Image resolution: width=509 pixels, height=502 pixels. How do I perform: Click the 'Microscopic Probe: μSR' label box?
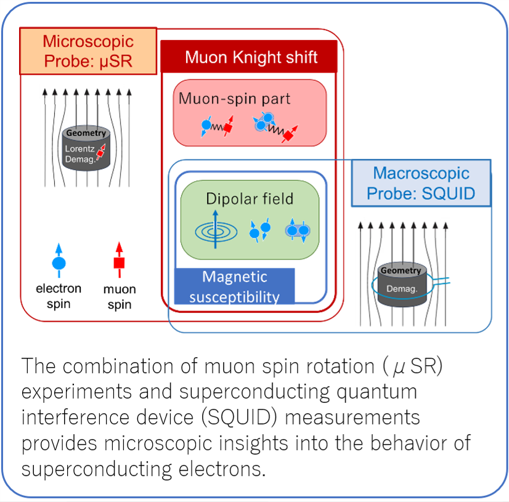point(88,51)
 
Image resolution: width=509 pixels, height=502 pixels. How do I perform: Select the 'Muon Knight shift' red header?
point(251,58)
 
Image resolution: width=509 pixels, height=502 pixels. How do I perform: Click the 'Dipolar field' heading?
point(250,199)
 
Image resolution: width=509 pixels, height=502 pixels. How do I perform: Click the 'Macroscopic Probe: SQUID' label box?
point(421,183)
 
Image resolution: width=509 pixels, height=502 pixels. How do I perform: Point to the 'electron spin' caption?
point(59,295)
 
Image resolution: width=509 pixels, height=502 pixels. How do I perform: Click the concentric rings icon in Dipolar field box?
point(215,231)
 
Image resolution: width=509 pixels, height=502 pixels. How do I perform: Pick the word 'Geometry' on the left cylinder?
point(86,133)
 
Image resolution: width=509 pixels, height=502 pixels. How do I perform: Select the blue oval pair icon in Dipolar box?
point(296,231)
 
